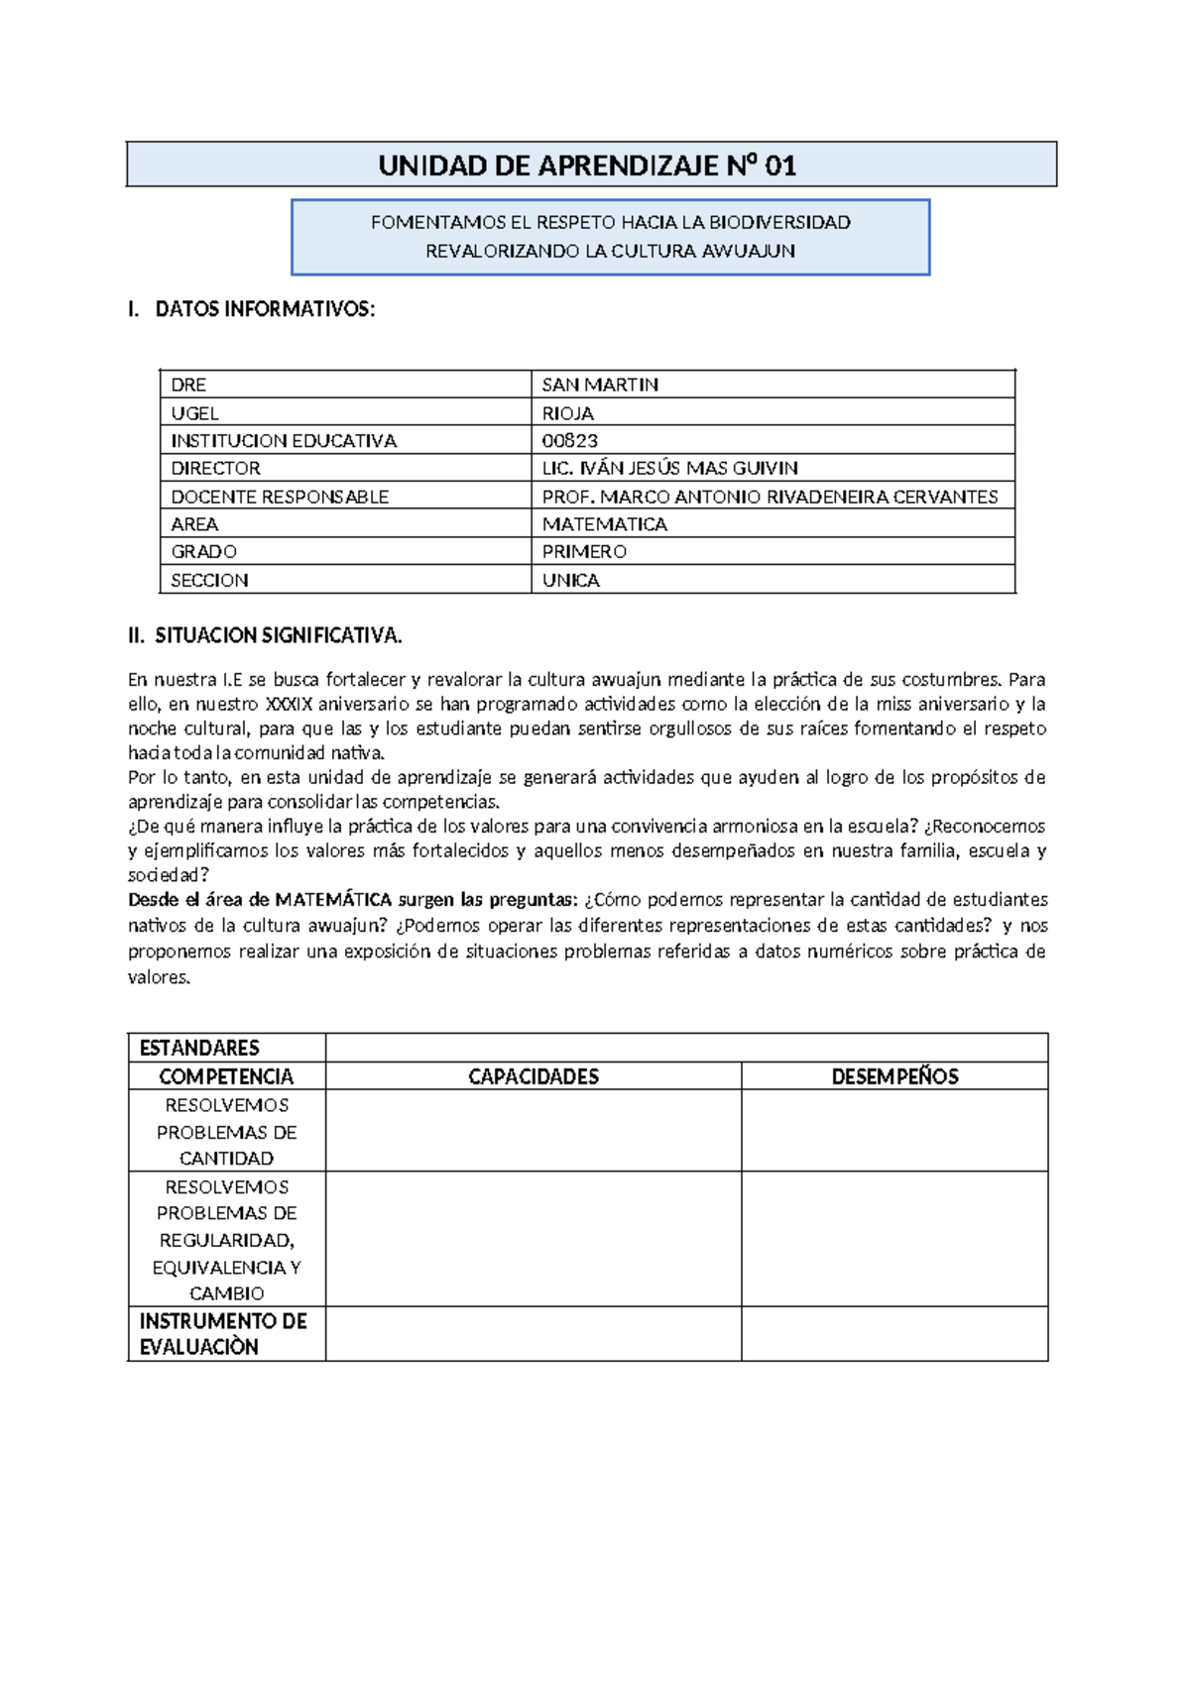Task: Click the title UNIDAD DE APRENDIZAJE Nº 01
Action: pyautogui.click(x=587, y=165)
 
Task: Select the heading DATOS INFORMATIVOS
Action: pyautogui.click(x=265, y=309)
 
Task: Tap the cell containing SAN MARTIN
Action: pyautogui.click(x=600, y=385)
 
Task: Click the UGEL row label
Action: pyautogui.click(x=194, y=413)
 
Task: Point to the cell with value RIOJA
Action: pyautogui.click(x=567, y=413)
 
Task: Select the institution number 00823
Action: pyautogui.click(x=569, y=440)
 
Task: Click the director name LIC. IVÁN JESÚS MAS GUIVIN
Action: pyautogui.click(x=669, y=468)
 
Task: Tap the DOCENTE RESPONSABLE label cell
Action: pyautogui.click(x=280, y=497)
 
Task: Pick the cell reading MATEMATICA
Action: pyautogui.click(x=604, y=524)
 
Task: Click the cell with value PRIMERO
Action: pyautogui.click(x=584, y=551)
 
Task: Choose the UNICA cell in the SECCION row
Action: pyautogui.click(x=570, y=580)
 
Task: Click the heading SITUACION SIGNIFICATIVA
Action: pyautogui.click(x=278, y=635)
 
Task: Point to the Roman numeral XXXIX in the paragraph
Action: pyautogui.click(x=289, y=705)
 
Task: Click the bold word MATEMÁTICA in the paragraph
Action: pyautogui.click(x=333, y=900)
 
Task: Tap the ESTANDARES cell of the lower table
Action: pyautogui.click(x=199, y=1048)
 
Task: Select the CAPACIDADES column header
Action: pyautogui.click(x=534, y=1076)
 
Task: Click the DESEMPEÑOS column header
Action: pyautogui.click(x=894, y=1076)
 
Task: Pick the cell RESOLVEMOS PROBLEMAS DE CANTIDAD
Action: pyautogui.click(x=226, y=1131)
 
